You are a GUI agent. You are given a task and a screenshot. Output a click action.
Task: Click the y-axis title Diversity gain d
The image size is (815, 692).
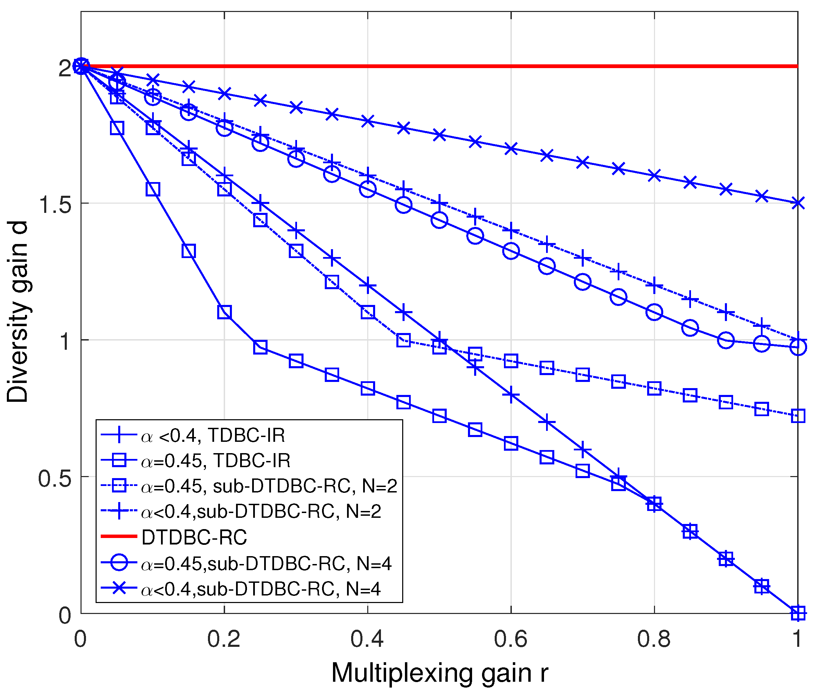[18, 312]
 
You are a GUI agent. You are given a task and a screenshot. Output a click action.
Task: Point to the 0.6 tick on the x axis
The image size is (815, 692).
[511, 613]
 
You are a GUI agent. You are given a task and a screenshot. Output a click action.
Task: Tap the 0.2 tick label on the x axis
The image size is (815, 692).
[223, 639]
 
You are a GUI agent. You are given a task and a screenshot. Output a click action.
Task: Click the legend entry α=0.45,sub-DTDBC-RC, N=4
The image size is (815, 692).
[266, 563]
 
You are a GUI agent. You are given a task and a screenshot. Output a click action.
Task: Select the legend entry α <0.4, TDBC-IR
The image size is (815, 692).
[213, 435]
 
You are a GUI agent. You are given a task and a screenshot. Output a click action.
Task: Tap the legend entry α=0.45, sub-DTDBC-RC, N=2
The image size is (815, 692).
[269, 486]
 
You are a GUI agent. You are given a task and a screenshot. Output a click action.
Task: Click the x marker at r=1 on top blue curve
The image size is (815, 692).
[797, 203]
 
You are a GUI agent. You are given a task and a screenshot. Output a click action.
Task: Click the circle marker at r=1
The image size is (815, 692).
[797, 347]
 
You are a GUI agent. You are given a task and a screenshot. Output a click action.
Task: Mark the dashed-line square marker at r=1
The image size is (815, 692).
[797, 415]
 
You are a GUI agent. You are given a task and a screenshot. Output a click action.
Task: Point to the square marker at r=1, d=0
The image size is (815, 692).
[797, 613]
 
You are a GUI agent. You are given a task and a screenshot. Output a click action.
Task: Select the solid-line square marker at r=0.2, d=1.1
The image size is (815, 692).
[224, 312]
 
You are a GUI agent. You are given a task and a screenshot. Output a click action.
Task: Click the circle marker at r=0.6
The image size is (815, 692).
[511, 251]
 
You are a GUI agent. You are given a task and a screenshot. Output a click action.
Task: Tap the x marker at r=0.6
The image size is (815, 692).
[511, 149]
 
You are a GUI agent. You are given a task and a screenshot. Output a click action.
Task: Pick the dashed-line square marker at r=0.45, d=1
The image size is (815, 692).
[403, 340]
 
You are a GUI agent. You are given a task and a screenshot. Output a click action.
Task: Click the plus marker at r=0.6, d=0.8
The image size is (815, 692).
[511, 395]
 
